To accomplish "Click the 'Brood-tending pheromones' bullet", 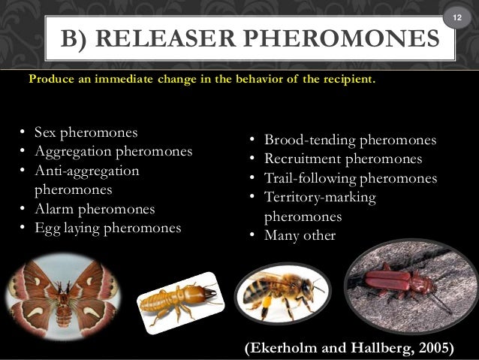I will [x=350, y=141].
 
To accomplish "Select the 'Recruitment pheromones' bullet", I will [x=342, y=159].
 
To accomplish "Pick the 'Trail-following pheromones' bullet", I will [x=350, y=179].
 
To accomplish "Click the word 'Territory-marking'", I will [x=320, y=198].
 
